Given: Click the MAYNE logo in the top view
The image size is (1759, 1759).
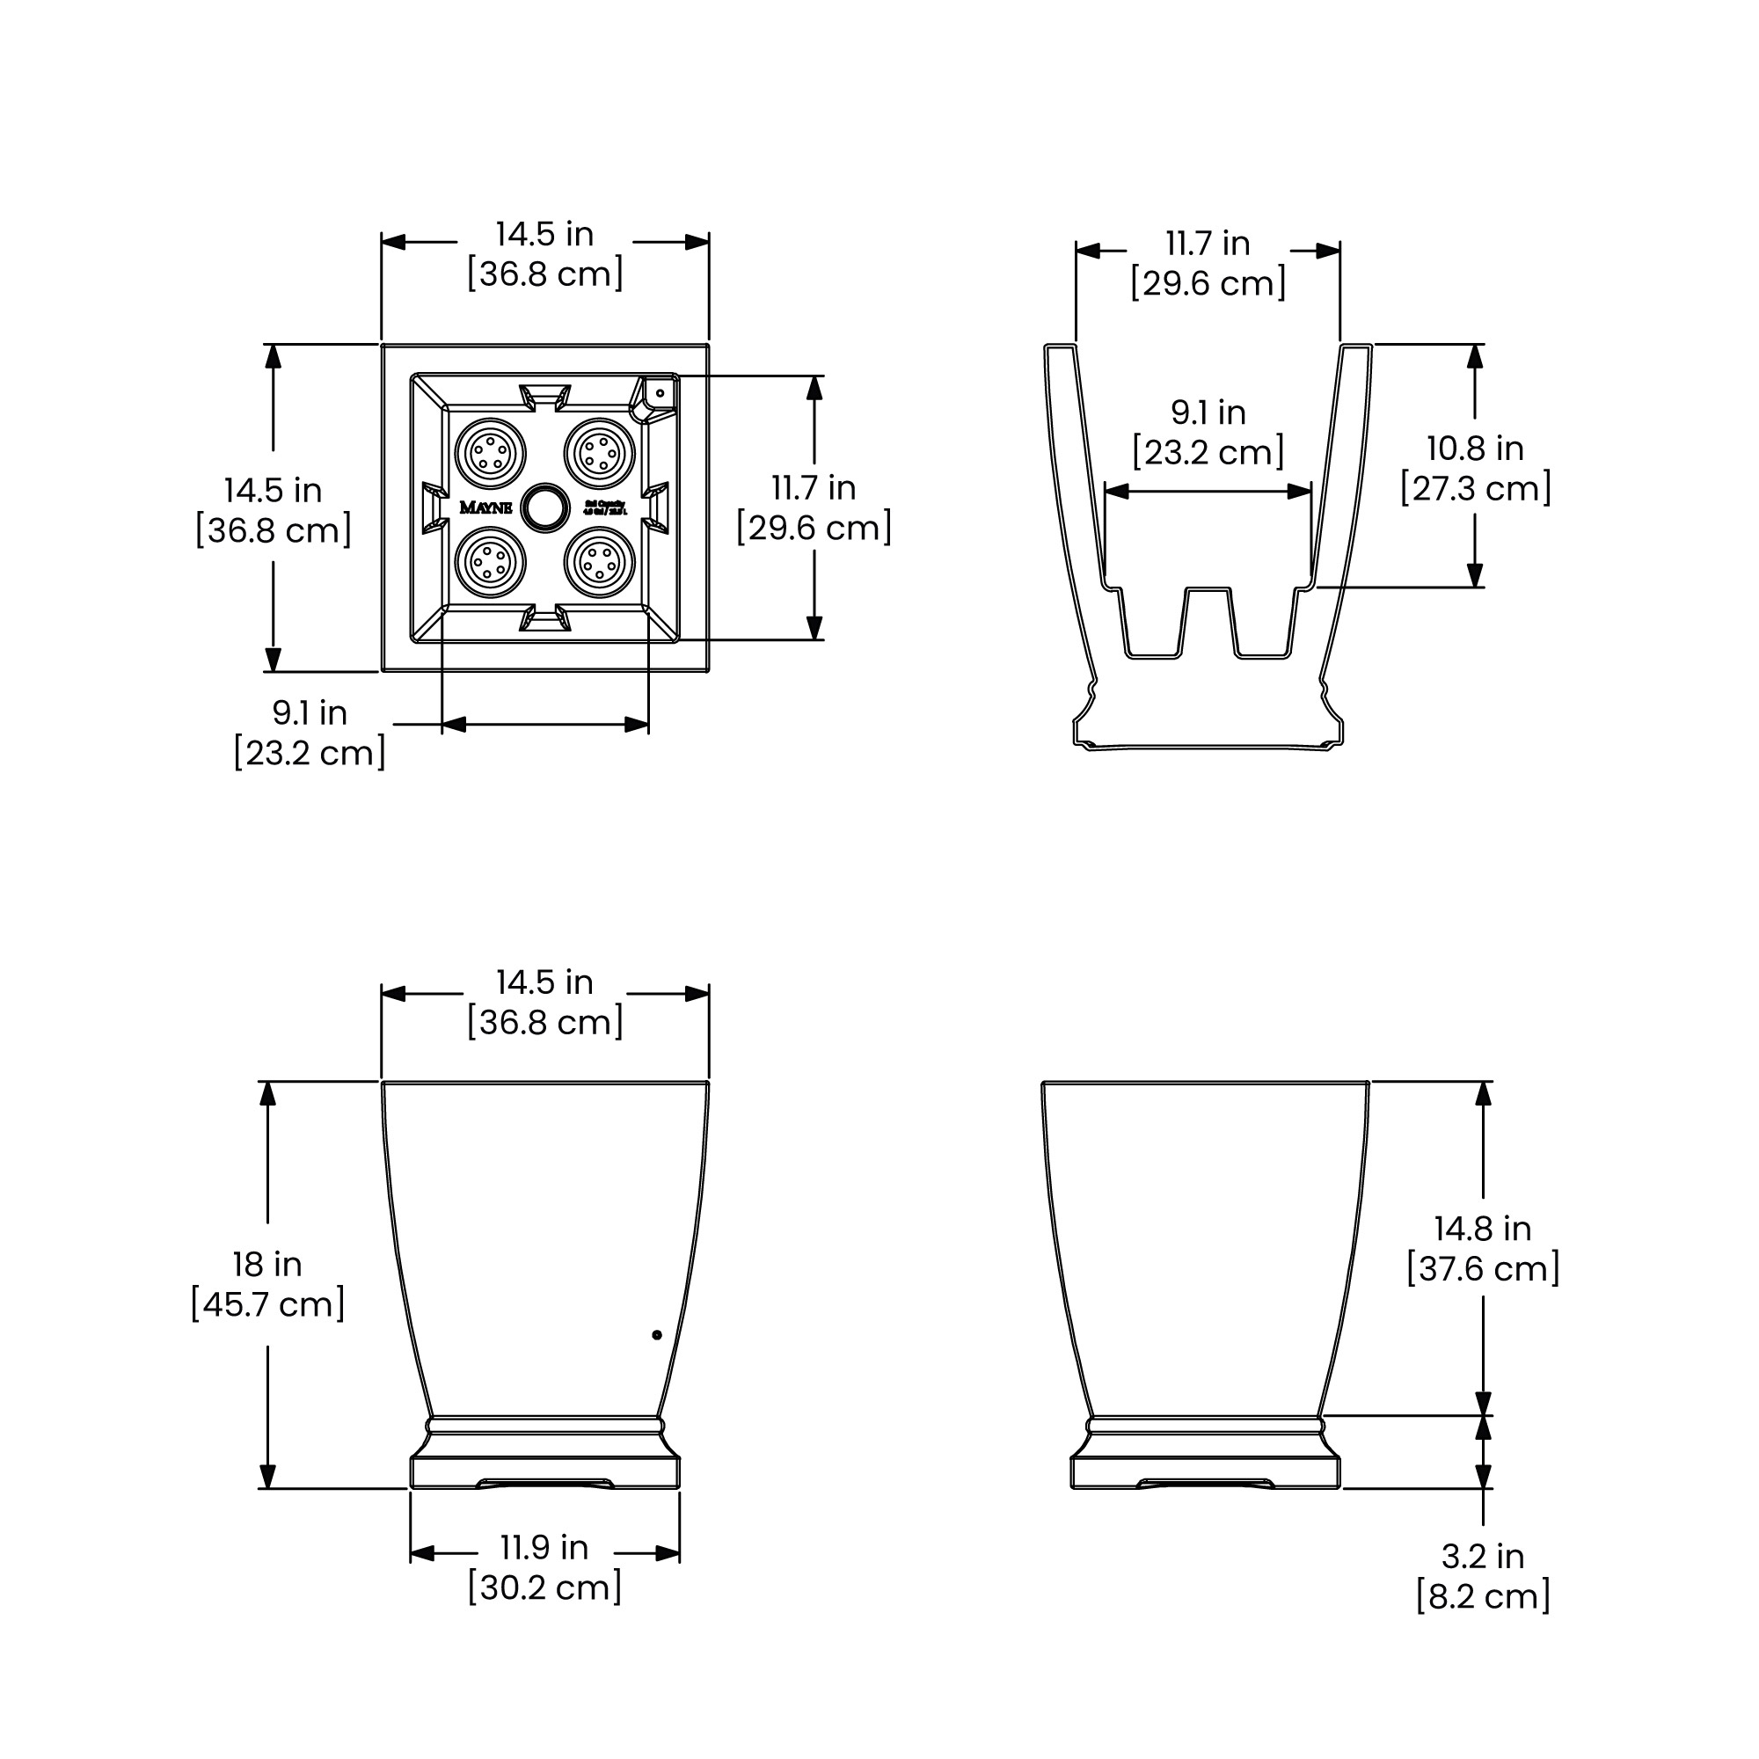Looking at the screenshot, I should click(485, 508).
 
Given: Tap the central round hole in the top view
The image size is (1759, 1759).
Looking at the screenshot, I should click(545, 507).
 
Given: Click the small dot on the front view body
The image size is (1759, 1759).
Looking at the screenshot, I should click(657, 1335).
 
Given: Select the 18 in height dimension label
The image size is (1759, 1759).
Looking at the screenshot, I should click(266, 1264).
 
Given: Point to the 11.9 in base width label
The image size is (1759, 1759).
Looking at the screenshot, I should click(544, 1547).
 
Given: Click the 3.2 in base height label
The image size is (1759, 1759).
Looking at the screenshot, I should click(1482, 1556).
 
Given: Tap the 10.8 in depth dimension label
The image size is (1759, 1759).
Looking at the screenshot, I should click(1475, 448).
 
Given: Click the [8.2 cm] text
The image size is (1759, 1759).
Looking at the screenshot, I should click(1482, 1596).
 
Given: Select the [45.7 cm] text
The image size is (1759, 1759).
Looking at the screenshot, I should click(267, 1303).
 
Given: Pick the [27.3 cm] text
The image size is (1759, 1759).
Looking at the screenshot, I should click(1475, 488).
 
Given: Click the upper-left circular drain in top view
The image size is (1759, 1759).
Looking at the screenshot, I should click(490, 452).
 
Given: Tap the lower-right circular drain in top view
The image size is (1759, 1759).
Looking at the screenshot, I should click(600, 564).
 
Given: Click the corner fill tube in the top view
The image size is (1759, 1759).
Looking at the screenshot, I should click(659, 393).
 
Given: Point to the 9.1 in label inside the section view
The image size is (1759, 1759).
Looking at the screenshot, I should click(1208, 412).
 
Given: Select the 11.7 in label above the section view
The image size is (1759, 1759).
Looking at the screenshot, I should click(1208, 243).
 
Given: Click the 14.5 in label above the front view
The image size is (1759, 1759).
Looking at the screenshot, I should click(544, 982).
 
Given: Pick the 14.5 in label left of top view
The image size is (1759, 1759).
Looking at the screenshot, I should click(274, 490).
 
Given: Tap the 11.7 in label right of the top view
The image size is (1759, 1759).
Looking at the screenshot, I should click(814, 488).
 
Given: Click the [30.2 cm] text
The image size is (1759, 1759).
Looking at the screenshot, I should click(544, 1587).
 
